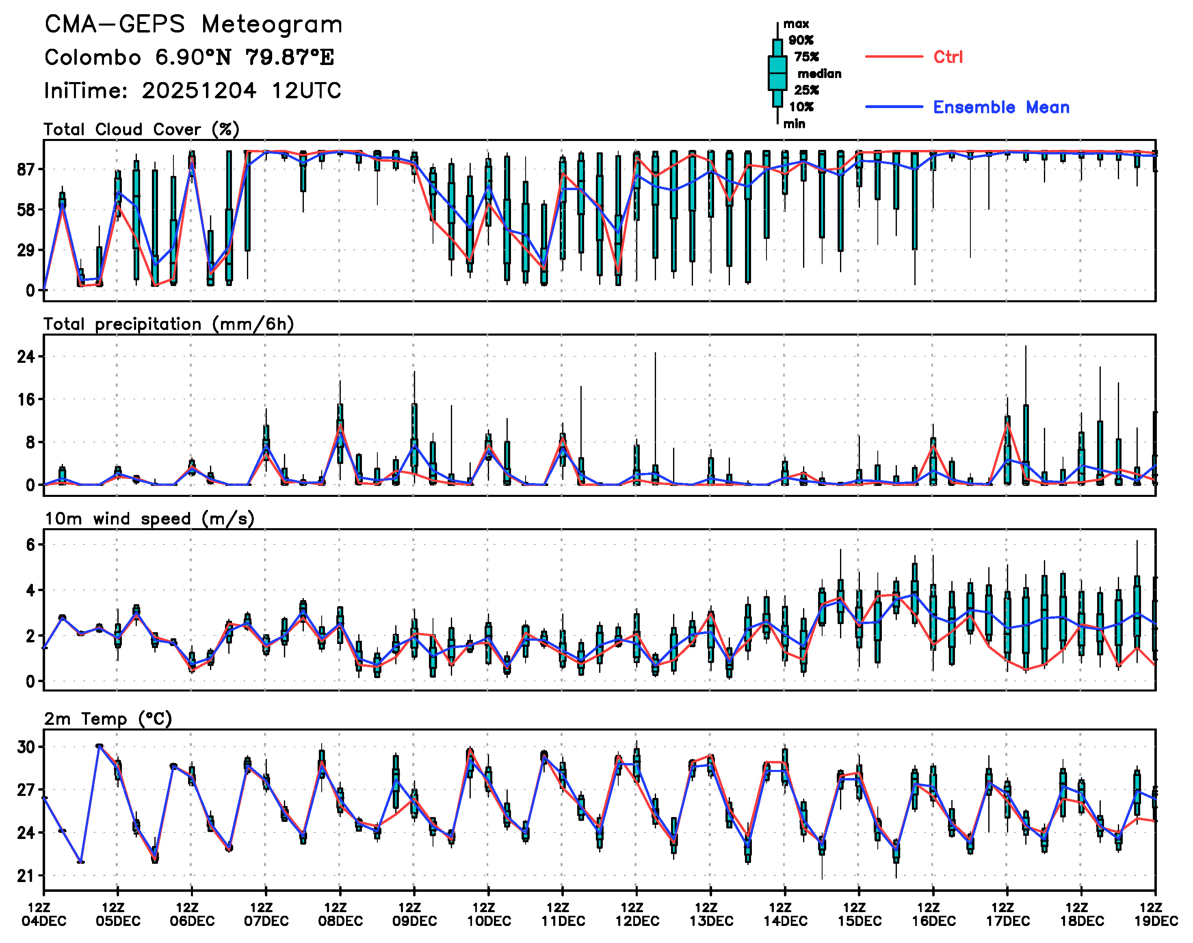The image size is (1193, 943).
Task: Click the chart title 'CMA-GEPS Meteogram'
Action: click(x=193, y=25)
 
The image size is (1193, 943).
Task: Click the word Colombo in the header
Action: click(x=93, y=57)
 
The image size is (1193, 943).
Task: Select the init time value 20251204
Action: click(x=199, y=91)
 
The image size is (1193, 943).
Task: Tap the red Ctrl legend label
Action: click(x=948, y=57)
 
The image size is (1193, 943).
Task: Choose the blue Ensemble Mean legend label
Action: click(x=1001, y=107)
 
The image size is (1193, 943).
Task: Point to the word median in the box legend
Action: click(x=819, y=74)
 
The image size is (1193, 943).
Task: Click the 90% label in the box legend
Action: click(x=801, y=40)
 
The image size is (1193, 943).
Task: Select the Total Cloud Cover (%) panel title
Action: click(x=141, y=130)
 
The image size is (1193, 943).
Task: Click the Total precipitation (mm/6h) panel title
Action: click(x=169, y=324)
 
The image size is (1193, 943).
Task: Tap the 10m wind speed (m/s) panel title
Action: click(x=149, y=519)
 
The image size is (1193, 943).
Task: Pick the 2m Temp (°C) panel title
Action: click(x=108, y=719)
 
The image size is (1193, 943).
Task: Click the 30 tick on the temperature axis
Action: click(x=26, y=747)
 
